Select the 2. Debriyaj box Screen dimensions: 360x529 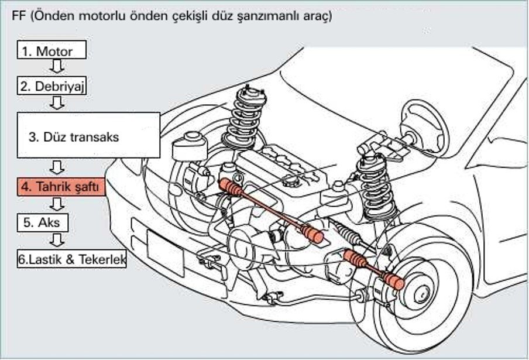tap(51, 86)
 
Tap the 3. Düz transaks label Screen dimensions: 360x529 tap(74, 138)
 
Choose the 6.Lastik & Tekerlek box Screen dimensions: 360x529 tap(72, 259)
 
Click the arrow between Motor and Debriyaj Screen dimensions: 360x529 tap(57, 67)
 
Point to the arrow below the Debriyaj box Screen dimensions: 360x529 tap(57, 103)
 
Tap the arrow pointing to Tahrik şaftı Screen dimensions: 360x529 tap(57, 168)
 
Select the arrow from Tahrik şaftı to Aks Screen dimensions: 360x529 tap(57, 204)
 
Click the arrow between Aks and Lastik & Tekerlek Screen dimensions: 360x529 tap(57, 239)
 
